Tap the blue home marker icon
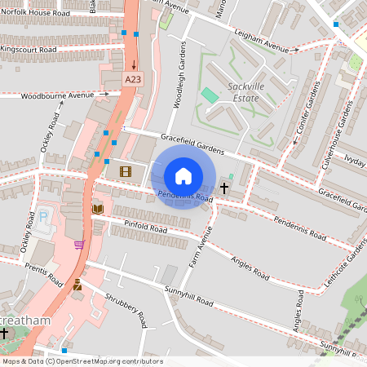(x=183, y=176)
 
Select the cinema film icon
(x=125, y=171)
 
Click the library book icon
(x=98, y=210)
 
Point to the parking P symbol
(x=43, y=218)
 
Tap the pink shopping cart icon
(x=79, y=244)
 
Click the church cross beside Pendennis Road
(x=224, y=188)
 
